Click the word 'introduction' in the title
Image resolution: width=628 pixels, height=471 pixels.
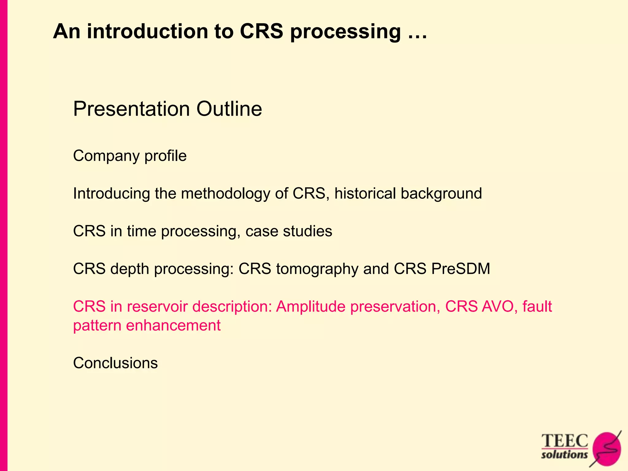click(147, 31)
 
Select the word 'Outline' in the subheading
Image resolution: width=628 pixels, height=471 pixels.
click(229, 109)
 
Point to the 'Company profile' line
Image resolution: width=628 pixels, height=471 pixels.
click(130, 156)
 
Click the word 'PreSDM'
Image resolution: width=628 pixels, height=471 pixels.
click(461, 269)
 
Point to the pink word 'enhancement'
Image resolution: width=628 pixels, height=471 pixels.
click(173, 325)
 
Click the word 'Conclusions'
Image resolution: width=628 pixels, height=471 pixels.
click(115, 363)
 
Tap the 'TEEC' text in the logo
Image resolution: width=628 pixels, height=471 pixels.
click(565, 441)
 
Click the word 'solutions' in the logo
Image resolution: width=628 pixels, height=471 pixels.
click(564, 454)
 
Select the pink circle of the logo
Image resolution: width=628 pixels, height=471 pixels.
click(607, 449)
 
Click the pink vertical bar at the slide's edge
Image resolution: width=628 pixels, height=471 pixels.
click(3, 235)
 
